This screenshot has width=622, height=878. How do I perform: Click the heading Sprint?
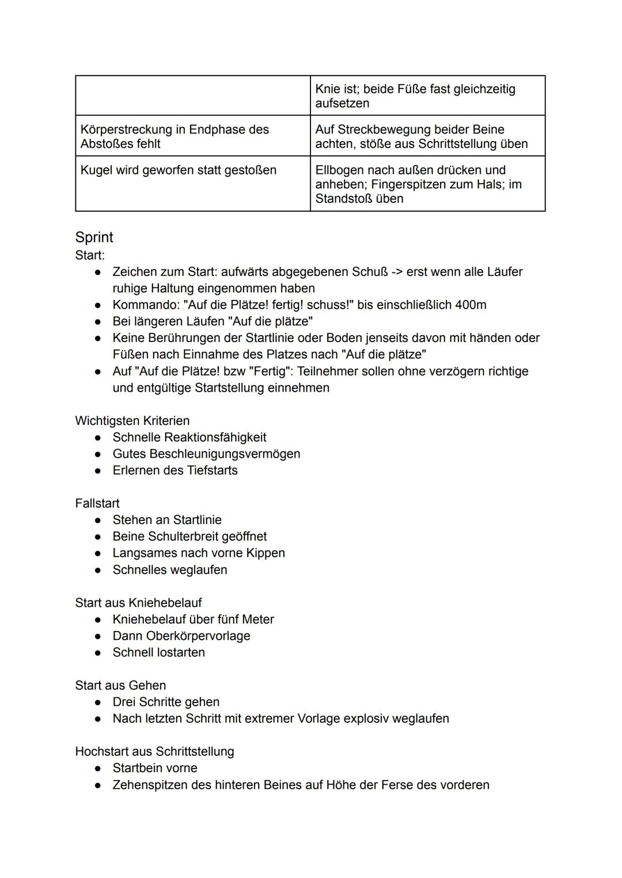tap(94, 237)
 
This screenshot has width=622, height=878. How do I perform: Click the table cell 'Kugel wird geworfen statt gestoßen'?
tap(179, 170)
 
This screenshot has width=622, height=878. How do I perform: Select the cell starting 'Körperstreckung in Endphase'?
tap(175, 136)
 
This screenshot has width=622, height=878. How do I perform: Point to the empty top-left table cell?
tap(192, 96)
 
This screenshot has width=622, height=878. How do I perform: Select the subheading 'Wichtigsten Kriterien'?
tap(132, 420)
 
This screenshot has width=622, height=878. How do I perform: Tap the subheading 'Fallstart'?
tap(97, 503)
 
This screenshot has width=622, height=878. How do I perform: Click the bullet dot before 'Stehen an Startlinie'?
tap(99, 520)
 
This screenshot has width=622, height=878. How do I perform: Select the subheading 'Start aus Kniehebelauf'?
tap(138, 603)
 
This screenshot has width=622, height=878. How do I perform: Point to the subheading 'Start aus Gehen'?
tap(120, 685)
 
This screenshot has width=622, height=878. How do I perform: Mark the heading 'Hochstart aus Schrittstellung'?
tap(154, 751)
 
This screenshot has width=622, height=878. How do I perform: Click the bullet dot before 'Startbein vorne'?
tap(99, 768)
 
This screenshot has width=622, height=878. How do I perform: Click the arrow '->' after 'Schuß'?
tap(397, 271)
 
